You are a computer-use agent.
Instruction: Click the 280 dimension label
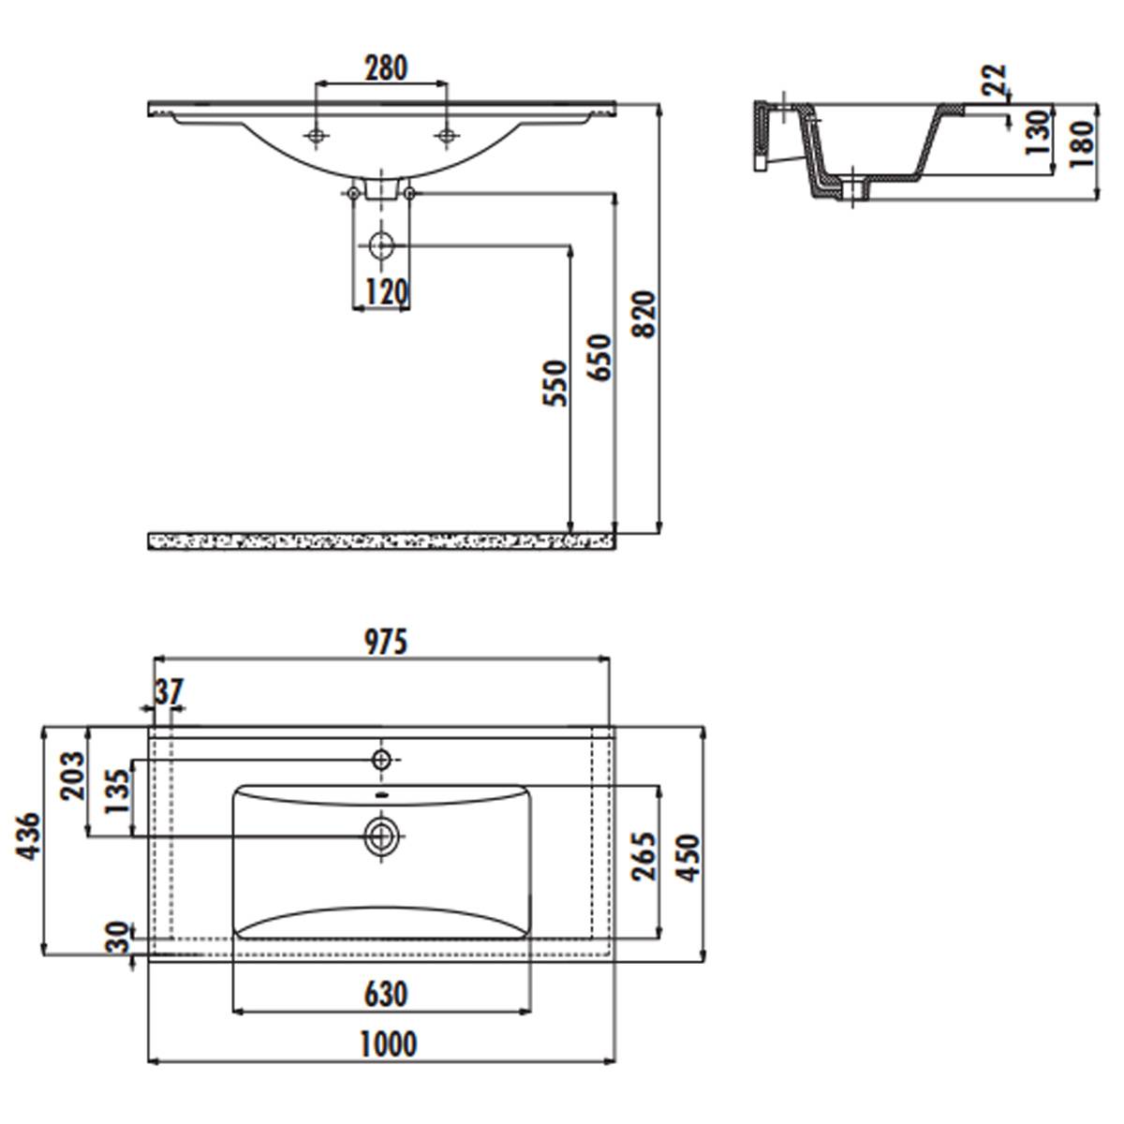(386, 68)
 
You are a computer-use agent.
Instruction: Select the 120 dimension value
(386, 291)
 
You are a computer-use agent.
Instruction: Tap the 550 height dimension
(555, 383)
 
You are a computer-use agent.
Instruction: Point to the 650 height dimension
(599, 357)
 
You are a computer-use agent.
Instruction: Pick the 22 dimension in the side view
(995, 80)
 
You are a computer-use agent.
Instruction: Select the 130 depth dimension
(1038, 132)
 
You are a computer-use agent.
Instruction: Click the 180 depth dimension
(1082, 144)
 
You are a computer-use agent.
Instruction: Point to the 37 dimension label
(170, 692)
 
